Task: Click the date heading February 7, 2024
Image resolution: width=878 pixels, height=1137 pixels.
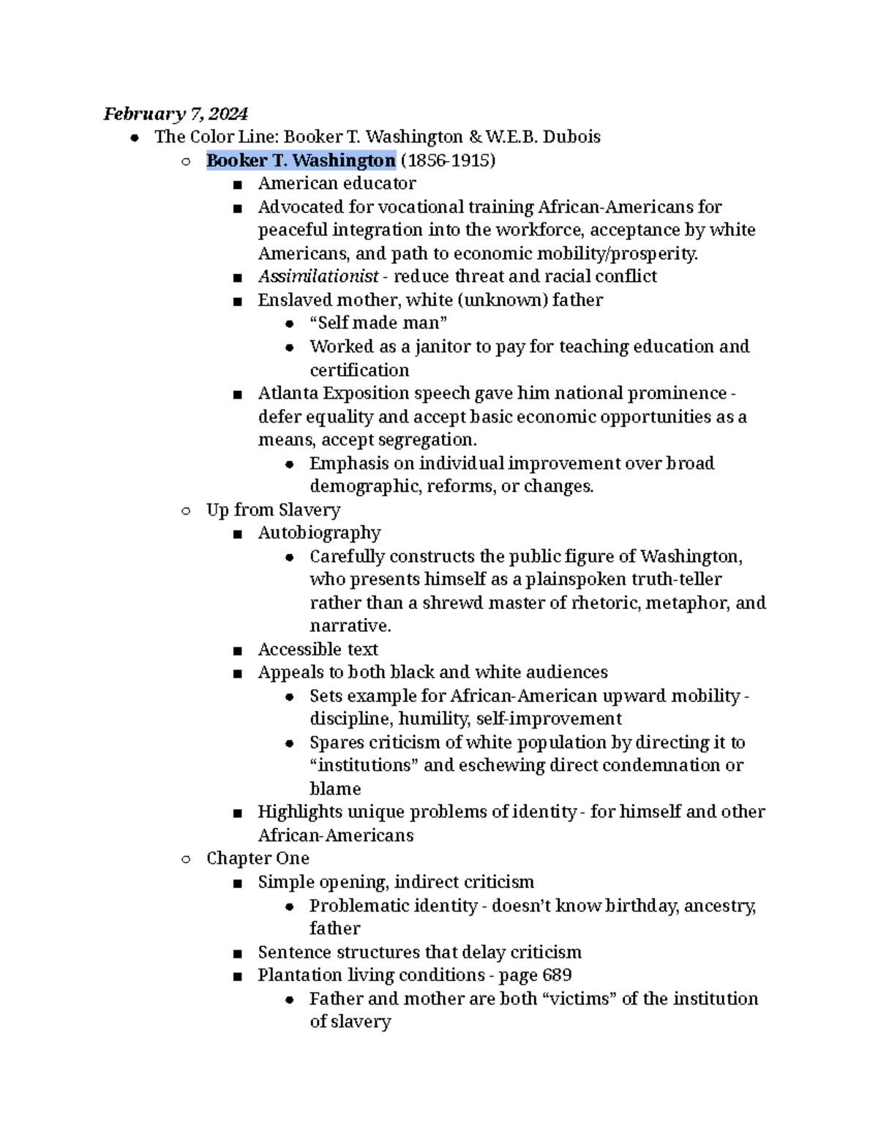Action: coord(175,113)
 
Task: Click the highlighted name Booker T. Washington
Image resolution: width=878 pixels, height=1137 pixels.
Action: coord(301,160)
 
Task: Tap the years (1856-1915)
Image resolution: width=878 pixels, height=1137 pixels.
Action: coord(448,160)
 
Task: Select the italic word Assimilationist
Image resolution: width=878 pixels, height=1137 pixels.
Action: coord(318,276)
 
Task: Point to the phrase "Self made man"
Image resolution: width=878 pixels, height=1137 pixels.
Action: coord(378,323)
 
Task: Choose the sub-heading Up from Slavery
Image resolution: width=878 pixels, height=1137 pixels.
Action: coord(273,510)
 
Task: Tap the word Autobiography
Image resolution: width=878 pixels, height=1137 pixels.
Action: coord(319,533)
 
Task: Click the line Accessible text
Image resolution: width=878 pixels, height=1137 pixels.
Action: coord(318,649)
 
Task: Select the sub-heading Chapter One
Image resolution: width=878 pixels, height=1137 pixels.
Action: coord(258,858)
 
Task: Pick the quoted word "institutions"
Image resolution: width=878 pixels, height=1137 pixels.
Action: coord(364,765)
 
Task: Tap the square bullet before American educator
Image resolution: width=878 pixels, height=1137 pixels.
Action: coord(237,184)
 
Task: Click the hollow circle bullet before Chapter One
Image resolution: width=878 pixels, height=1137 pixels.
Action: coord(186,859)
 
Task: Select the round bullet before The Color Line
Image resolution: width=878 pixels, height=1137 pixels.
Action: coord(134,138)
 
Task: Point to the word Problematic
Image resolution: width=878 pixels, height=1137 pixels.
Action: coord(356,906)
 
